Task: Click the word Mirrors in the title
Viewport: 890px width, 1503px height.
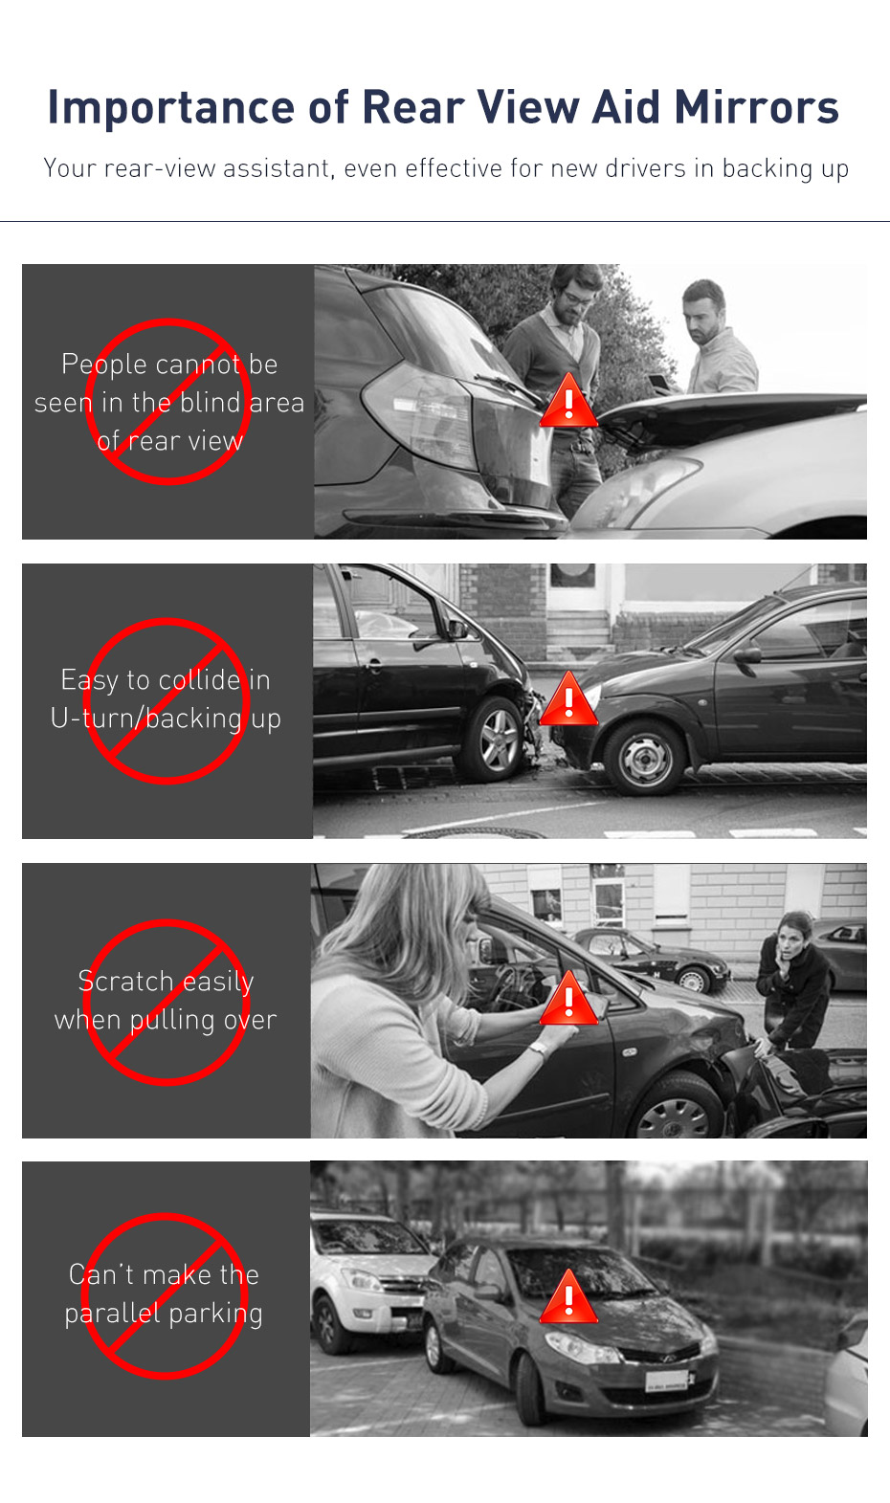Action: (756, 107)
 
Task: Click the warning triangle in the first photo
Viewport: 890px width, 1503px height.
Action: (568, 403)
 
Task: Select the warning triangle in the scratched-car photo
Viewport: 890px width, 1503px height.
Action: (568, 1001)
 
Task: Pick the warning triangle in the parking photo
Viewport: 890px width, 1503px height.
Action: (568, 1299)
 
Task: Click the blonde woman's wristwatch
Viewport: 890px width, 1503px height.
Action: (538, 1050)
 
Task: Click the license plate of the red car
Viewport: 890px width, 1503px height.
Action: (666, 1381)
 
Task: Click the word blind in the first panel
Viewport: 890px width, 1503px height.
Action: (210, 403)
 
